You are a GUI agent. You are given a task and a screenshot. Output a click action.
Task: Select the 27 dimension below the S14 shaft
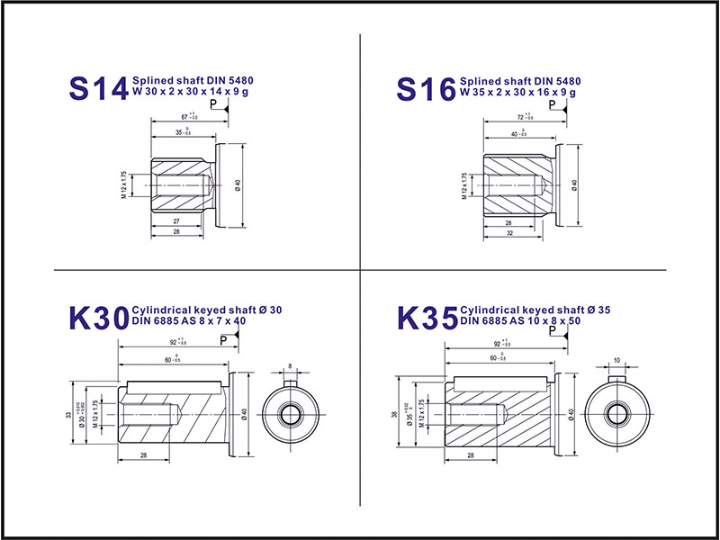click(176, 220)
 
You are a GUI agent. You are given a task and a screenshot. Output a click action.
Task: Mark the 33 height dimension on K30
click(69, 415)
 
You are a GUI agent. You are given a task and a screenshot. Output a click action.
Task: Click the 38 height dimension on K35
click(397, 415)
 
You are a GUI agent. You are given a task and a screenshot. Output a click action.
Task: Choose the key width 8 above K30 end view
click(290, 364)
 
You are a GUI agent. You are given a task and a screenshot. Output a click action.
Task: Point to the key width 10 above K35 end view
click(616, 360)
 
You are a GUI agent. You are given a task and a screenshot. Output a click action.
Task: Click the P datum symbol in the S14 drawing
click(214, 104)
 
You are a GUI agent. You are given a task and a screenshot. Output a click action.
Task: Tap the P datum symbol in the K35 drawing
click(552, 331)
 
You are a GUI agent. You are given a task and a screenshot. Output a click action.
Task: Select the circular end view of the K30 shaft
click(290, 415)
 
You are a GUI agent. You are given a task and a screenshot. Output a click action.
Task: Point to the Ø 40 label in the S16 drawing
click(573, 184)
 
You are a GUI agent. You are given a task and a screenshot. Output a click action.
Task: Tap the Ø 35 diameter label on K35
click(410, 413)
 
